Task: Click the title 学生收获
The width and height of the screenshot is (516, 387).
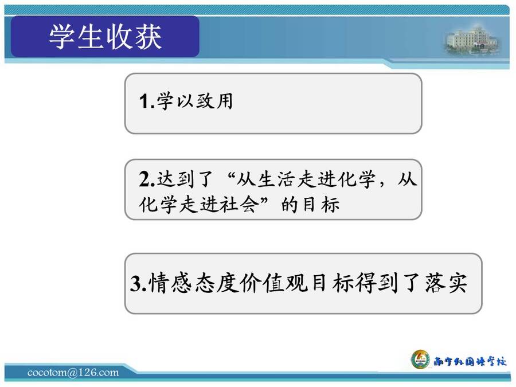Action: [x=105, y=36]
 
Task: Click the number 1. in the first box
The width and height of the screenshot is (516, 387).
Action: [x=147, y=101]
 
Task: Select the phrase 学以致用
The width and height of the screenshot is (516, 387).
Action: [x=195, y=101]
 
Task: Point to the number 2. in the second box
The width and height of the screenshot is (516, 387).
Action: [x=147, y=179]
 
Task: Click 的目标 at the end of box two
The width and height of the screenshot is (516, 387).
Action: [x=310, y=205]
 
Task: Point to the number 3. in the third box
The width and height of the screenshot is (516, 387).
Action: [x=138, y=283]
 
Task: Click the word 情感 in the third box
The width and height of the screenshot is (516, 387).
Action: [x=170, y=283]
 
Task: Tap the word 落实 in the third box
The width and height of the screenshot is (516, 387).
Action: [x=446, y=283]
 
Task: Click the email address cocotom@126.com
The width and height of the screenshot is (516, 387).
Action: [x=73, y=373]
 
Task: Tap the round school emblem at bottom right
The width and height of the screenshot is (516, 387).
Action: [x=421, y=359]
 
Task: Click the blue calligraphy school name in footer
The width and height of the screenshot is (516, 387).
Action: [x=470, y=362]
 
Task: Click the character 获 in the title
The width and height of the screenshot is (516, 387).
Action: [x=148, y=36]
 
